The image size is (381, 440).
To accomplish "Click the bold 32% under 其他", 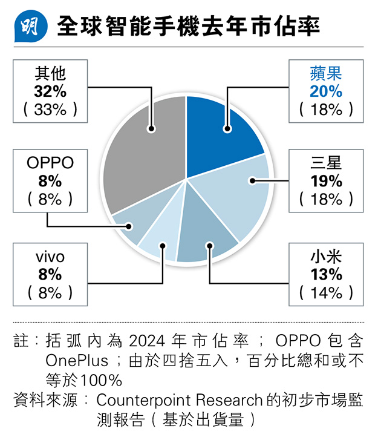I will (x=50, y=91).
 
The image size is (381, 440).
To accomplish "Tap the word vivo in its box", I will (x=50, y=257).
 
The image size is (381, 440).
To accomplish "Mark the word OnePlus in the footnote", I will (x=77, y=361).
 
